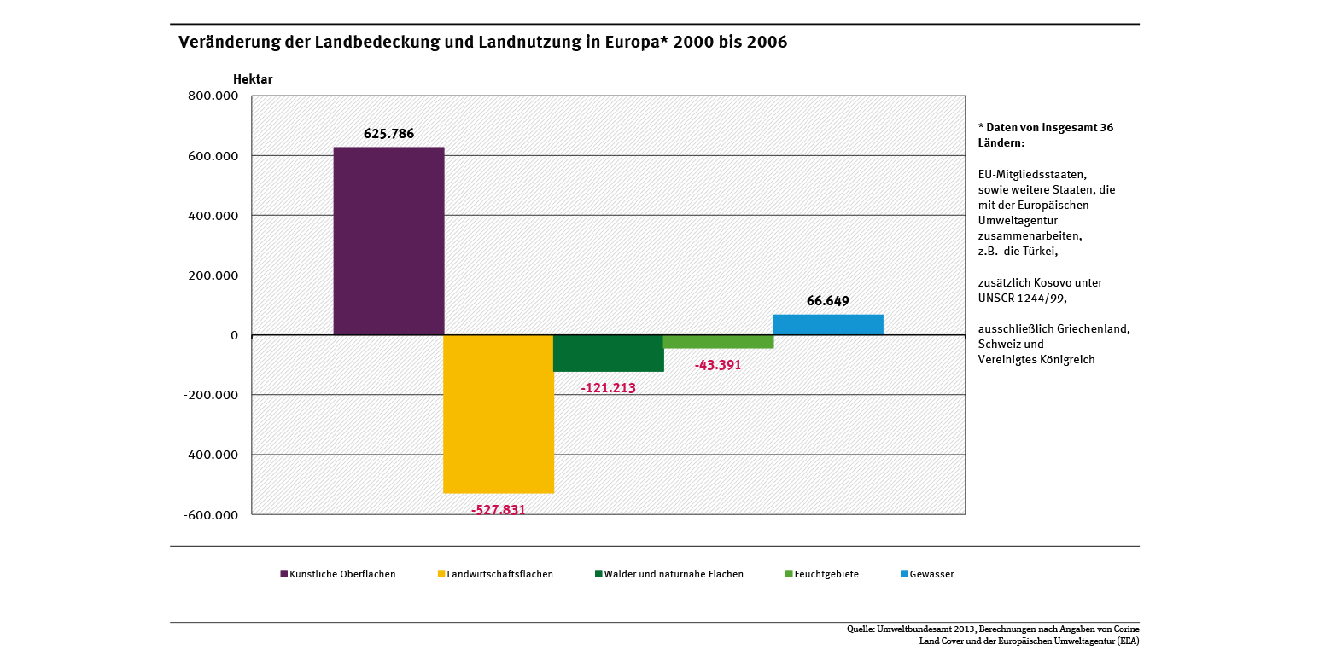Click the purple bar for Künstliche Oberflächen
388,241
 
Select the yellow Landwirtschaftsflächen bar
499,414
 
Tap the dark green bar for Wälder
609,353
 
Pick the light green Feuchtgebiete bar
718,342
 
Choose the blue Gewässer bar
827,325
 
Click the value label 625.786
388,134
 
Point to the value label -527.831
499,510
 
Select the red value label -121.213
608,388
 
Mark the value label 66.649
827,301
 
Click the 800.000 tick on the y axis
213,96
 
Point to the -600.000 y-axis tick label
210,515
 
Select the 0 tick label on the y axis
234,335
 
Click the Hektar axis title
253,79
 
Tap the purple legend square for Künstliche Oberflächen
284,574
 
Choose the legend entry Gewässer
931,574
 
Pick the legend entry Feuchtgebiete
826,574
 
